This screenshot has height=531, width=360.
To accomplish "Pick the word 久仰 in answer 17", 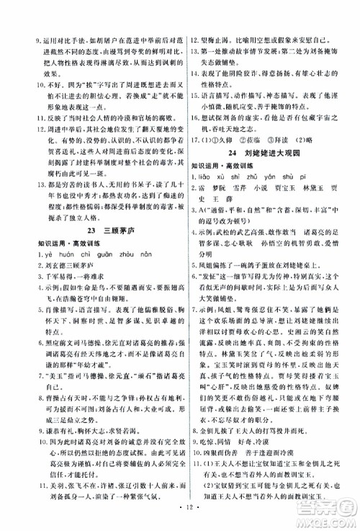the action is point(231,139).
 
